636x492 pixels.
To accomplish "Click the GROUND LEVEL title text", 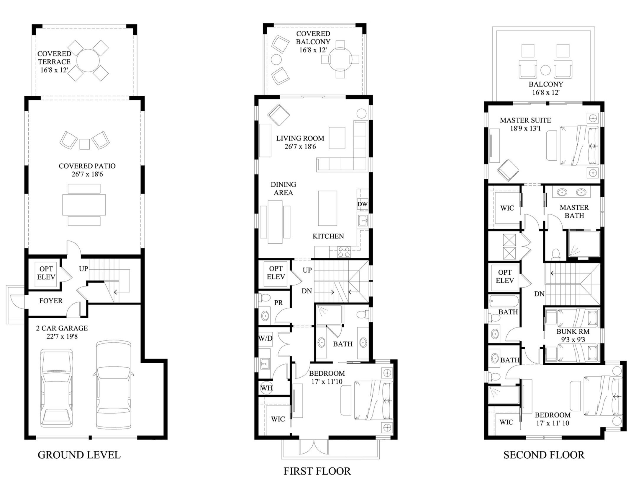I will [x=79, y=455].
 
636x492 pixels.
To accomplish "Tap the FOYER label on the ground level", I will [x=51, y=301].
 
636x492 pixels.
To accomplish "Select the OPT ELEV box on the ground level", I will [x=46, y=273].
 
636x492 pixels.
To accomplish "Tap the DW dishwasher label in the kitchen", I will [x=363, y=204].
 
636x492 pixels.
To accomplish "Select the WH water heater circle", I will [x=266, y=388].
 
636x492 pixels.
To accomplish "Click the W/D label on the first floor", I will [x=265, y=338].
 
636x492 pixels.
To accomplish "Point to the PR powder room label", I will [x=278, y=303].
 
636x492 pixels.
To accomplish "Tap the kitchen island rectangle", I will [x=327, y=208].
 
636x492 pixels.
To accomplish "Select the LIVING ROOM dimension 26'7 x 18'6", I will [x=300, y=146].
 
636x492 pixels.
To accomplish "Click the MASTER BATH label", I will [x=574, y=211].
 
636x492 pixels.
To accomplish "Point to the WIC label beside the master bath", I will [x=507, y=208].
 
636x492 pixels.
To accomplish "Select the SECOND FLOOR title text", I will [x=544, y=455].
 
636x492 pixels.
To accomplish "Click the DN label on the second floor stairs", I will [x=539, y=294].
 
